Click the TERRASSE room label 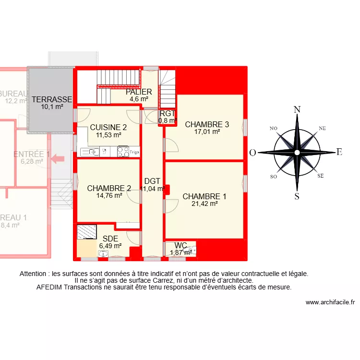pos(52,100)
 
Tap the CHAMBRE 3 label pos(207,124)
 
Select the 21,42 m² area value pos(204,204)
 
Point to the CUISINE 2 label pos(108,128)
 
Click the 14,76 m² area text pos(109,195)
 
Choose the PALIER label pos(139,92)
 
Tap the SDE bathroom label pos(110,239)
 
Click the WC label pos(180,246)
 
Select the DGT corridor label pos(152,181)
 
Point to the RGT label pos(167,114)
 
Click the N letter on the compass pos(297,109)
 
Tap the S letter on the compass pos(297,196)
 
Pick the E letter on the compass pos(339,152)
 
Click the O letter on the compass pos(252,153)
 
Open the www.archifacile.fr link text pos(330,302)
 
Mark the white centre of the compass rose pos(297,153)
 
